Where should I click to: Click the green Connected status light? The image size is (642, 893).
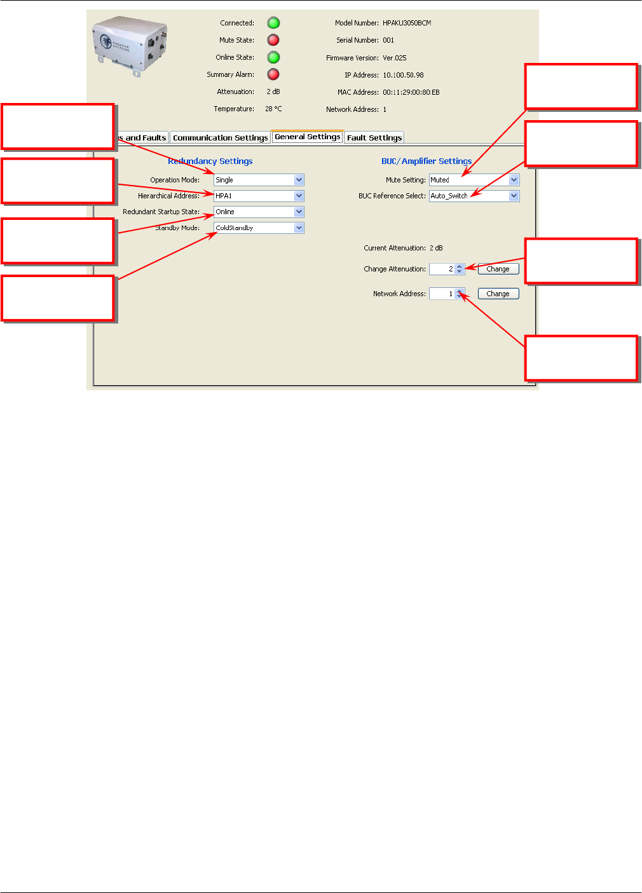click(x=273, y=23)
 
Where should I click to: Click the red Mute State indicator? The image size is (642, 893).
click(x=273, y=40)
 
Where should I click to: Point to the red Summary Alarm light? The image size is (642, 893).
click(x=273, y=74)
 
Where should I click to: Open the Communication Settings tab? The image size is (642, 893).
click(x=220, y=137)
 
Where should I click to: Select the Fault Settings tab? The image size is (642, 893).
click(x=374, y=137)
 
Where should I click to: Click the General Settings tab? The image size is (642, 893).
click(x=308, y=137)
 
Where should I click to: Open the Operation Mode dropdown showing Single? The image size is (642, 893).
click(x=259, y=180)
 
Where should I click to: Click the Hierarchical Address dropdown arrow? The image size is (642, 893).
click(x=299, y=196)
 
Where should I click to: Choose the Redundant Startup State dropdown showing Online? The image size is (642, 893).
click(x=259, y=212)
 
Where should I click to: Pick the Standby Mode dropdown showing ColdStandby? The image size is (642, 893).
click(x=259, y=228)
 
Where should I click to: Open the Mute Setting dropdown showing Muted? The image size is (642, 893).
click(x=474, y=180)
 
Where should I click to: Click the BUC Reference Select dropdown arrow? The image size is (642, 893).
click(x=514, y=196)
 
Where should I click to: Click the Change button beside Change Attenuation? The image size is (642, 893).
click(x=498, y=269)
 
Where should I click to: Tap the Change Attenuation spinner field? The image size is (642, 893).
click(x=443, y=269)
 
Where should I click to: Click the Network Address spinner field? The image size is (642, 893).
click(x=443, y=294)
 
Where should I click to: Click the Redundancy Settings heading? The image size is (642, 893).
click(x=210, y=161)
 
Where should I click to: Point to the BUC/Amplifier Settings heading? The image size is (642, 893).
click(x=427, y=161)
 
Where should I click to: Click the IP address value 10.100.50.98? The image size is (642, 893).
click(x=403, y=75)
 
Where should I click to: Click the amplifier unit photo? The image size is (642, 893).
click(x=130, y=44)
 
